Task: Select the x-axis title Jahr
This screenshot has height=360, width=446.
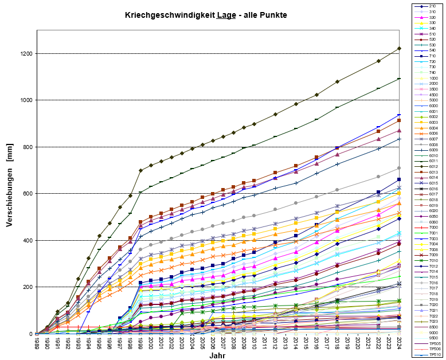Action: [217, 355]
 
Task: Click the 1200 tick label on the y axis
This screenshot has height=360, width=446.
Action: [26, 53]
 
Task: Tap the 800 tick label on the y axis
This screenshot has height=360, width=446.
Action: [28, 147]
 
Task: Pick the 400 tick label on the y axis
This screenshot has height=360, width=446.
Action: [28, 240]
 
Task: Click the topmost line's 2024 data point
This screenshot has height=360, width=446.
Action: [399, 48]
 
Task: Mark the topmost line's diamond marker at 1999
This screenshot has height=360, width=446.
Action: [140, 170]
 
